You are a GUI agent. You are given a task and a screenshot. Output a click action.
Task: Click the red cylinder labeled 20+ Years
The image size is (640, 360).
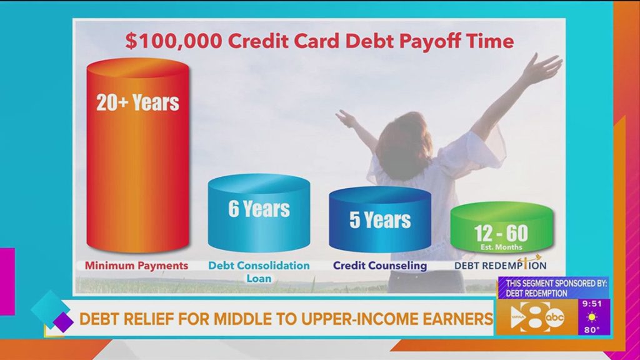(138, 155)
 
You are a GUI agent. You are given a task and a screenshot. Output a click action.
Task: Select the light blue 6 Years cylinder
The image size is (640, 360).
(259, 212)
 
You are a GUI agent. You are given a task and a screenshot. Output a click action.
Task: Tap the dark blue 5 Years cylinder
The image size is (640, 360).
(380, 219)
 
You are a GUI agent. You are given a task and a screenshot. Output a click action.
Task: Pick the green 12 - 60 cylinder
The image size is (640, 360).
(502, 227)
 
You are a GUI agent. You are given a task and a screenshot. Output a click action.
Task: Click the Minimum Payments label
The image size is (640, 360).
(136, 266)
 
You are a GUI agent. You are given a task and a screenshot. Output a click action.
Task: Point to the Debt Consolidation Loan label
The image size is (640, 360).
(259, 272)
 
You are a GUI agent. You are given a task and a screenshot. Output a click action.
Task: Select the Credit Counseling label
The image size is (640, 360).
(380, 266)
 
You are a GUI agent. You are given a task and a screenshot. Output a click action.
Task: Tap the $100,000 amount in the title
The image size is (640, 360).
(174, 41)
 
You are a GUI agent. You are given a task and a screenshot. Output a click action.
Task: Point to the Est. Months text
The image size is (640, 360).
(501, 247)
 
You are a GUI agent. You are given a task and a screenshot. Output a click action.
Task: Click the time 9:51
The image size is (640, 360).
(592, 304)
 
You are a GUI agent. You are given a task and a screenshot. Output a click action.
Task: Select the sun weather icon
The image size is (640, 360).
(592, 317)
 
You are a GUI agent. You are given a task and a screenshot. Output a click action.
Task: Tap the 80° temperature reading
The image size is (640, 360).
(592, 330)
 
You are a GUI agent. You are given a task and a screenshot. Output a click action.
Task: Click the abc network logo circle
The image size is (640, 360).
(555, 317)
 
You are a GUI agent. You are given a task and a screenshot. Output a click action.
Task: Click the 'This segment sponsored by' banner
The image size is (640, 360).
(554, 287)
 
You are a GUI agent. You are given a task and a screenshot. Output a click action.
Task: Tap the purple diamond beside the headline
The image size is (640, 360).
(63, 322)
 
